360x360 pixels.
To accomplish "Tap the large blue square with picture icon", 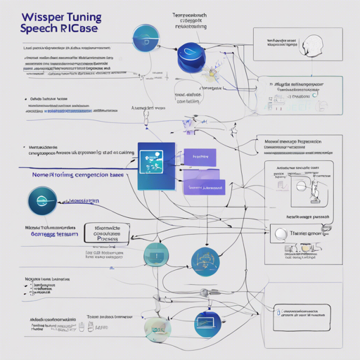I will pos(157,169).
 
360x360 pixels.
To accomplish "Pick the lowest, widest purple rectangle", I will pos(204,186).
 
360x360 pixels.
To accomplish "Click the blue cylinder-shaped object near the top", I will pos(190,55).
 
